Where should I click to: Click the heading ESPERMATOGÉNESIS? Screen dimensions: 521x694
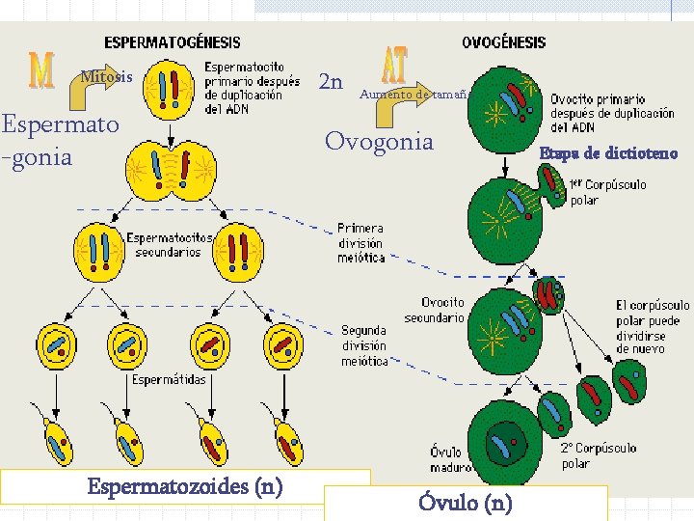tap(173, 42)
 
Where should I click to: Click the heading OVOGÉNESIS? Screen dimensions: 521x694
tap(503, 42)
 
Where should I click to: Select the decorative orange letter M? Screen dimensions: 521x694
tap(40, 69)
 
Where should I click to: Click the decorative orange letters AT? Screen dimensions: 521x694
tap(394, 66)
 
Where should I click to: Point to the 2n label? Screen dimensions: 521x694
tap(331, 81)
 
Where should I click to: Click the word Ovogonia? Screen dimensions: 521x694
tap(379, 142)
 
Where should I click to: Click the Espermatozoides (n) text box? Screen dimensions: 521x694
tap(185, 485)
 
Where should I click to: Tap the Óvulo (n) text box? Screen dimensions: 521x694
tap(466, 503)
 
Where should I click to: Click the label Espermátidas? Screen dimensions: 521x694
tap(169, 379)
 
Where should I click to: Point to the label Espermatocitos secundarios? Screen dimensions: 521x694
tap(164, 245)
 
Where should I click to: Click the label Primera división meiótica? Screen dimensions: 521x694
tap(360, 243)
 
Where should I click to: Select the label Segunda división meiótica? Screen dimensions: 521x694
tap(364, 345)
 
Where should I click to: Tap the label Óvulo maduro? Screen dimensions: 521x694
tap(445, 460)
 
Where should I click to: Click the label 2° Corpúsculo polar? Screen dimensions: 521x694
tap(598, 455)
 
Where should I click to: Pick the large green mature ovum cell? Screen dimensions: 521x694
tap(503, 439)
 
